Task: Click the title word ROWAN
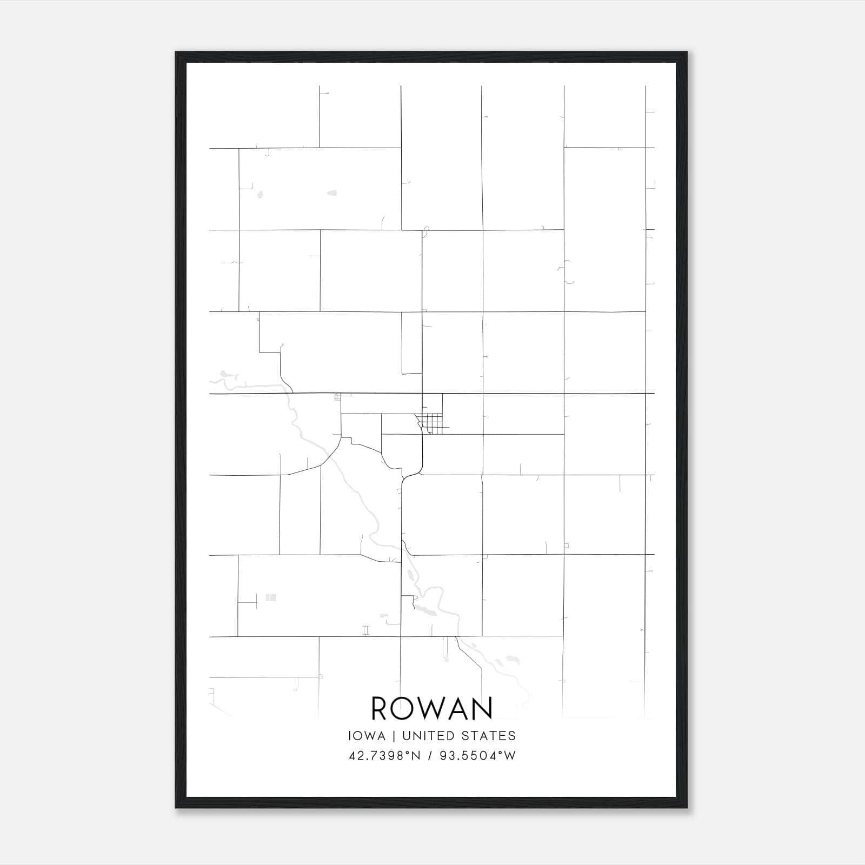point(432,708)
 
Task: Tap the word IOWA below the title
point(367,736)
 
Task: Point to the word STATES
point(489,736)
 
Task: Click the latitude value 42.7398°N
point(384,756)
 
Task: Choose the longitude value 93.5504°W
point(478,756)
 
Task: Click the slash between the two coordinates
point(430,756)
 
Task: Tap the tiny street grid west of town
point(338,397)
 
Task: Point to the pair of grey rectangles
point(271,597)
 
